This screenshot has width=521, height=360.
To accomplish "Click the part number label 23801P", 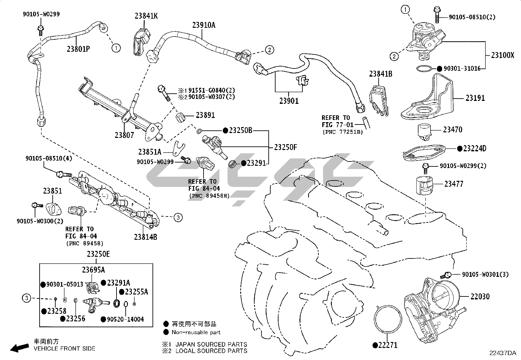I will click(78, 49).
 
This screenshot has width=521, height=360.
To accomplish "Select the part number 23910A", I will click(204, 25).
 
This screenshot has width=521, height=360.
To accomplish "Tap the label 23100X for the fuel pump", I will click(502, 55).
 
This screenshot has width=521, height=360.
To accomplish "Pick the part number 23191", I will click(475, 98).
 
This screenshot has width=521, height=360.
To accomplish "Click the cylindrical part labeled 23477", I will click(424, 185).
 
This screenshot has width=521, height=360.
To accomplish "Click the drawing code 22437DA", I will click(502, 353).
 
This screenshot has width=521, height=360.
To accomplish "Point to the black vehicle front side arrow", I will click(19, 348).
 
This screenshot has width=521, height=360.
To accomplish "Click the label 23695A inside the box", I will click(93, 270).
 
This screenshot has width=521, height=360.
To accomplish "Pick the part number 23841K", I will click(146, 16).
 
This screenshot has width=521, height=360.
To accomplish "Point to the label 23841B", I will click(381, 74).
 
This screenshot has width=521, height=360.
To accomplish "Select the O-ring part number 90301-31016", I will click(462, 68).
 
